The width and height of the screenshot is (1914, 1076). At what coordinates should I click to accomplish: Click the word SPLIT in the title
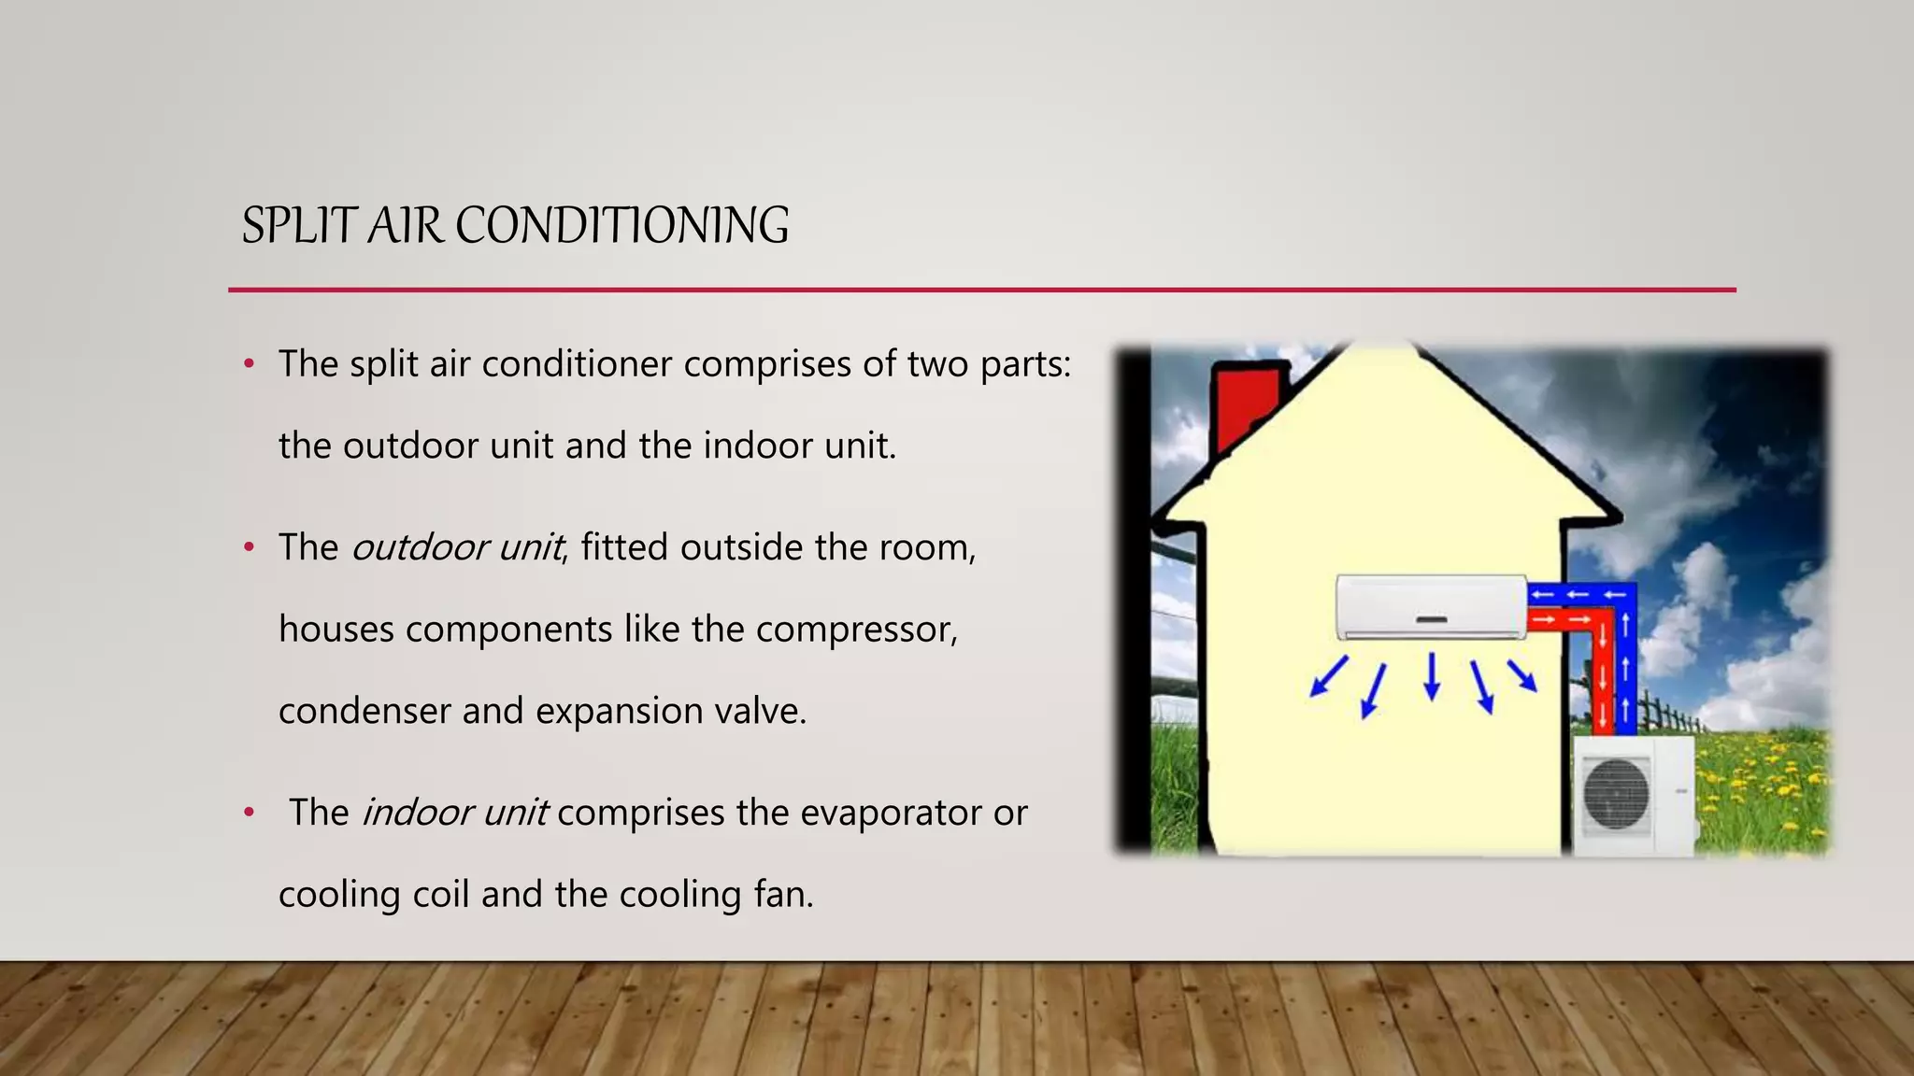(298, 226)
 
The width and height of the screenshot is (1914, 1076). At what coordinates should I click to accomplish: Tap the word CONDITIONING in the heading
(621, 226)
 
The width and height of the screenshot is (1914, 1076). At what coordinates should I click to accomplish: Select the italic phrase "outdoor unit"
(457, 547)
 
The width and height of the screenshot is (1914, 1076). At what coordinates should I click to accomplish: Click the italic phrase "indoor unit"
(455, 813)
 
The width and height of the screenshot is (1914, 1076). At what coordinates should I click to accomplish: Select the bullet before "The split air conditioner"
(249, 364)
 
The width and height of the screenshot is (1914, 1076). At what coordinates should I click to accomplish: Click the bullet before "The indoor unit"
(249, 813)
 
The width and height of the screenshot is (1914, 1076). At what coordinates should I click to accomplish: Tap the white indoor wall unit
(1431, 606)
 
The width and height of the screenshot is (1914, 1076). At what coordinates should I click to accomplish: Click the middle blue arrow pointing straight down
(1431, 677)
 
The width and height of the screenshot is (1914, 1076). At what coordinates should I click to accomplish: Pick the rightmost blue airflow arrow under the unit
(1522, 676)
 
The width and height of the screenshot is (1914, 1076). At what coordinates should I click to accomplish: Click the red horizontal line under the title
(981, 290)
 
